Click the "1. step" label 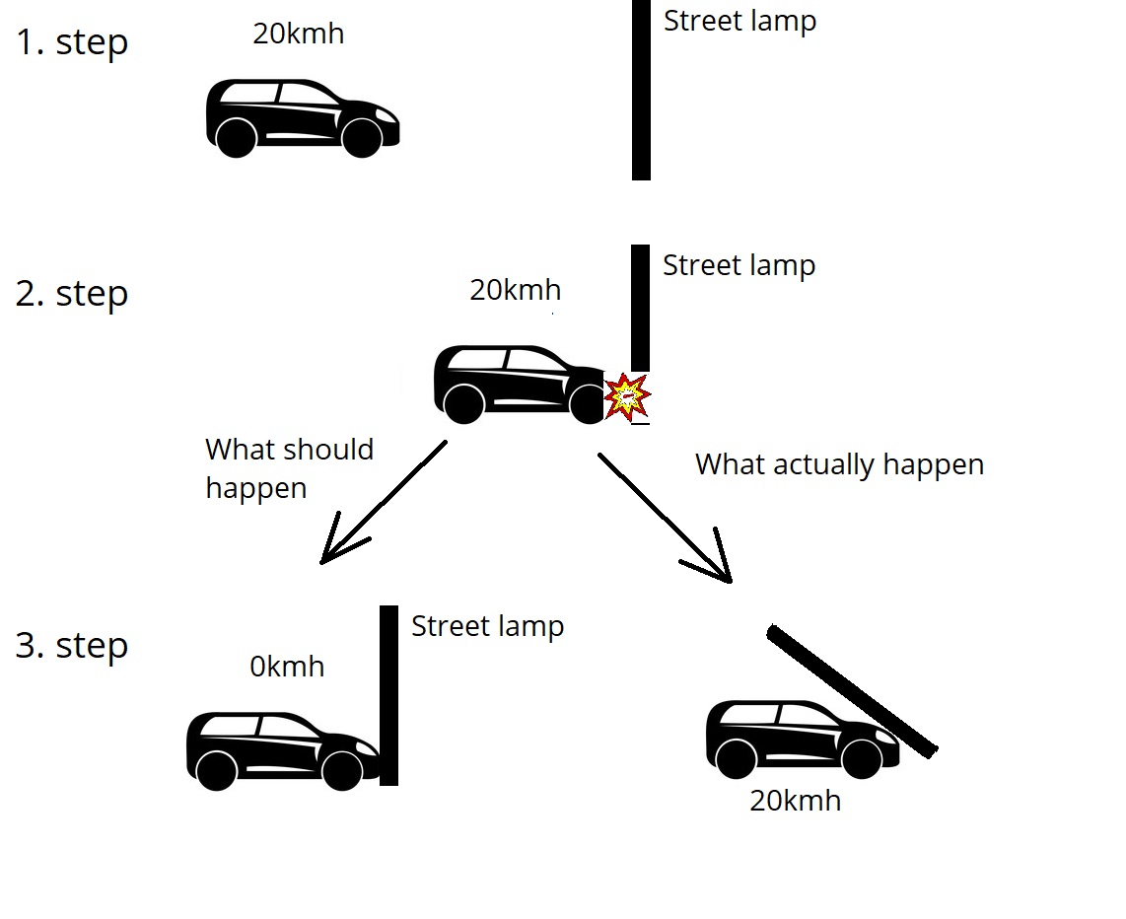click(x=72, y=42)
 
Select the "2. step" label click(x=72, y=294)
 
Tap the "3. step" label click(x=72, y=646)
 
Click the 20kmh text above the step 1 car click(x=299, y=34)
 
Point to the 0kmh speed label click(x=287, y=667)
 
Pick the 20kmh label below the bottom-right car click(x=795, y=800)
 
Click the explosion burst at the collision click(x=627, y=397)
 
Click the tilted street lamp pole click(x=852, y=691)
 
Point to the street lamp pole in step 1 click(x=641, y=90)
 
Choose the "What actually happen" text click(x=839, y=464)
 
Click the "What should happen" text click(x=289, y=468)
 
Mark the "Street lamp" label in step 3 click(x=487, y=626)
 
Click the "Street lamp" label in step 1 click(x=739, y=21)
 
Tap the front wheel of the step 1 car click(x=362, y=138)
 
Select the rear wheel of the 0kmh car click(x=216, y=770)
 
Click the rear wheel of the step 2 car click(x=464, y=404)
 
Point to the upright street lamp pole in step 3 click(x=389, y=695)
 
